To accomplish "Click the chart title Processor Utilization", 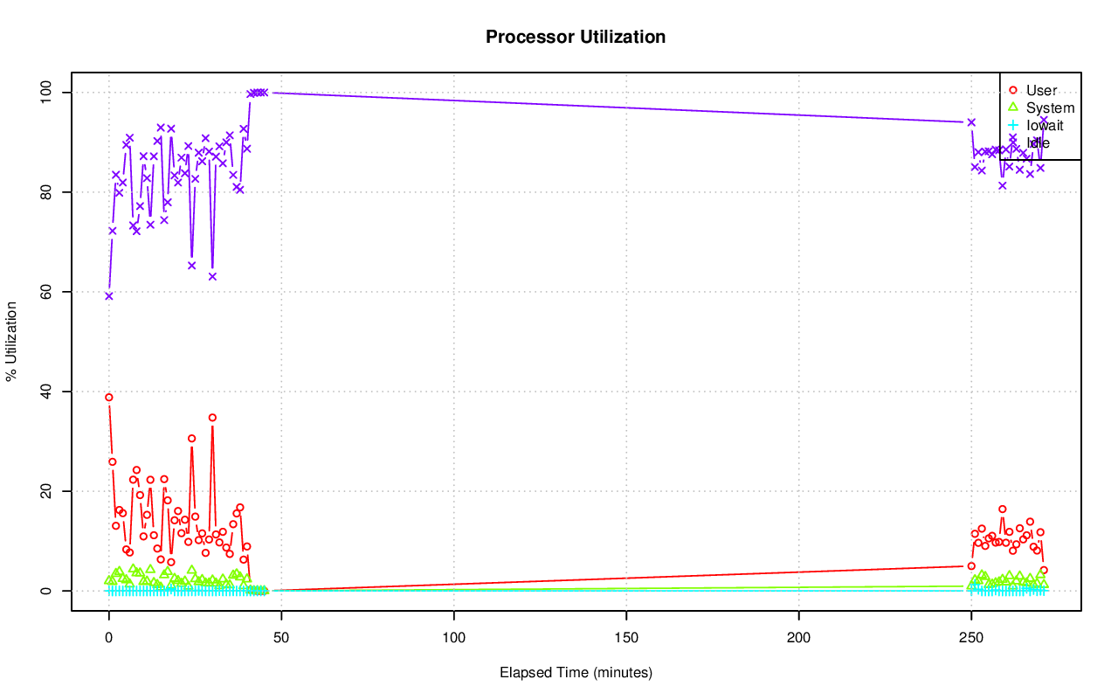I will (x=576, y=38).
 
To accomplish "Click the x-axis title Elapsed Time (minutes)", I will (x=576, y=673).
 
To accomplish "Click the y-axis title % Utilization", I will (x=11, y=342).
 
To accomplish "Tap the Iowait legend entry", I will (x=1045, y=126).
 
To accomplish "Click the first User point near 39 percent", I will (x=109, y=397).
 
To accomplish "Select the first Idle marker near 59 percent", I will (x=109, y=295).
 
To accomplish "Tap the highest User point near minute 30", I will (x=212, y=418).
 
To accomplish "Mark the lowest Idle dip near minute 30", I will (x=212, y=276).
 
